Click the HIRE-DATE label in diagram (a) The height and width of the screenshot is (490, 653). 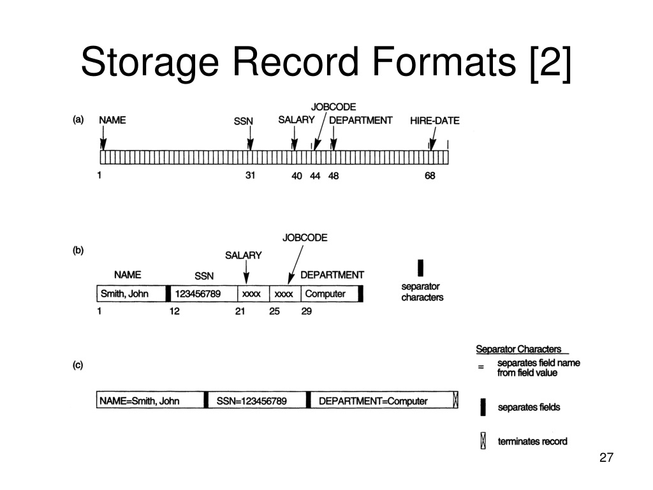[x=434, y=121]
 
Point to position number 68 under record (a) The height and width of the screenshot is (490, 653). [x=430, y=176]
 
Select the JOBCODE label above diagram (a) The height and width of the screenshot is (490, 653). [x=333, y=107]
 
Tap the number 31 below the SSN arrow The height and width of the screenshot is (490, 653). [x=250, y=175]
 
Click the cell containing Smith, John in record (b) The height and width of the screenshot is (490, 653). [x=131, y=293]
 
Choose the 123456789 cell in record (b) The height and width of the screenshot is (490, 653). [x=204, y=293]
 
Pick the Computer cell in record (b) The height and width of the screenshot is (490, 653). [x=330, y=293]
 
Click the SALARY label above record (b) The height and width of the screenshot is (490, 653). [x=243, y=255]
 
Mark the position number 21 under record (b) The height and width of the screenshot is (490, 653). [x=240, y=311]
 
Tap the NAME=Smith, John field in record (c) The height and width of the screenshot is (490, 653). [x=150, y=401]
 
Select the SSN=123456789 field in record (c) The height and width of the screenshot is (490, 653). [x=257, y=401]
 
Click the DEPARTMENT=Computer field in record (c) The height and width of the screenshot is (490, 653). [x=381, y=401]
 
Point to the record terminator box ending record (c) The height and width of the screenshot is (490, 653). [x=455, y=400]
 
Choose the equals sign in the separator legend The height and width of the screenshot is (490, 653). [x=481, y=367]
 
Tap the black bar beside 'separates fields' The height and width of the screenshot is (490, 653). [x=483, y=407]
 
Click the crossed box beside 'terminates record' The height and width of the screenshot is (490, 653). [x=483, y=441]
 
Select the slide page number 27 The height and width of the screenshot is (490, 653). [x=606, y=457]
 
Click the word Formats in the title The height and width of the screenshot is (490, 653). [x=444, y=62]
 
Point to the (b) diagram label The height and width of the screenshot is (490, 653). [x=78, y=250]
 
